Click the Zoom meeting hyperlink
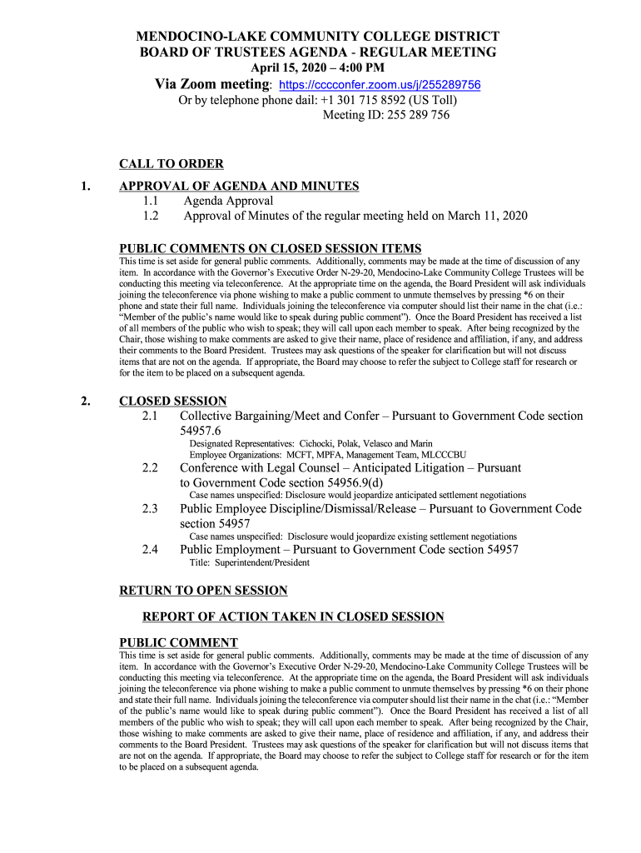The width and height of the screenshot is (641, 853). coord(380,86)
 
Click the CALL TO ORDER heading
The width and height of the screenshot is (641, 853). coord(171,164)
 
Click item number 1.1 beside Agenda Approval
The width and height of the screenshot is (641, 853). coord(150,201)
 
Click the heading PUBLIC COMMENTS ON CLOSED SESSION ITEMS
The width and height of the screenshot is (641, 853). coord(271,248)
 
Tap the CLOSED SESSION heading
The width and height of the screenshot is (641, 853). coord(173,401)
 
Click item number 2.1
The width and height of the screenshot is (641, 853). coord(150,416)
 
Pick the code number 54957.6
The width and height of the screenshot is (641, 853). coord(201,431)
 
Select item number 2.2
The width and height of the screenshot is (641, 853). coord(150,468)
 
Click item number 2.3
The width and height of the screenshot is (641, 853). coord(150,508)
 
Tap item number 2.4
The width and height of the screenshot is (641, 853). coord(150,550)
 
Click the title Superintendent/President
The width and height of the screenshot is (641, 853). coord(262,563)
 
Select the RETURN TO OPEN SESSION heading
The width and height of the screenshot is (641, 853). coord(204,591)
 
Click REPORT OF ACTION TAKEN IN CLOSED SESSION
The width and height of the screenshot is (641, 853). coord(293,616)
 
